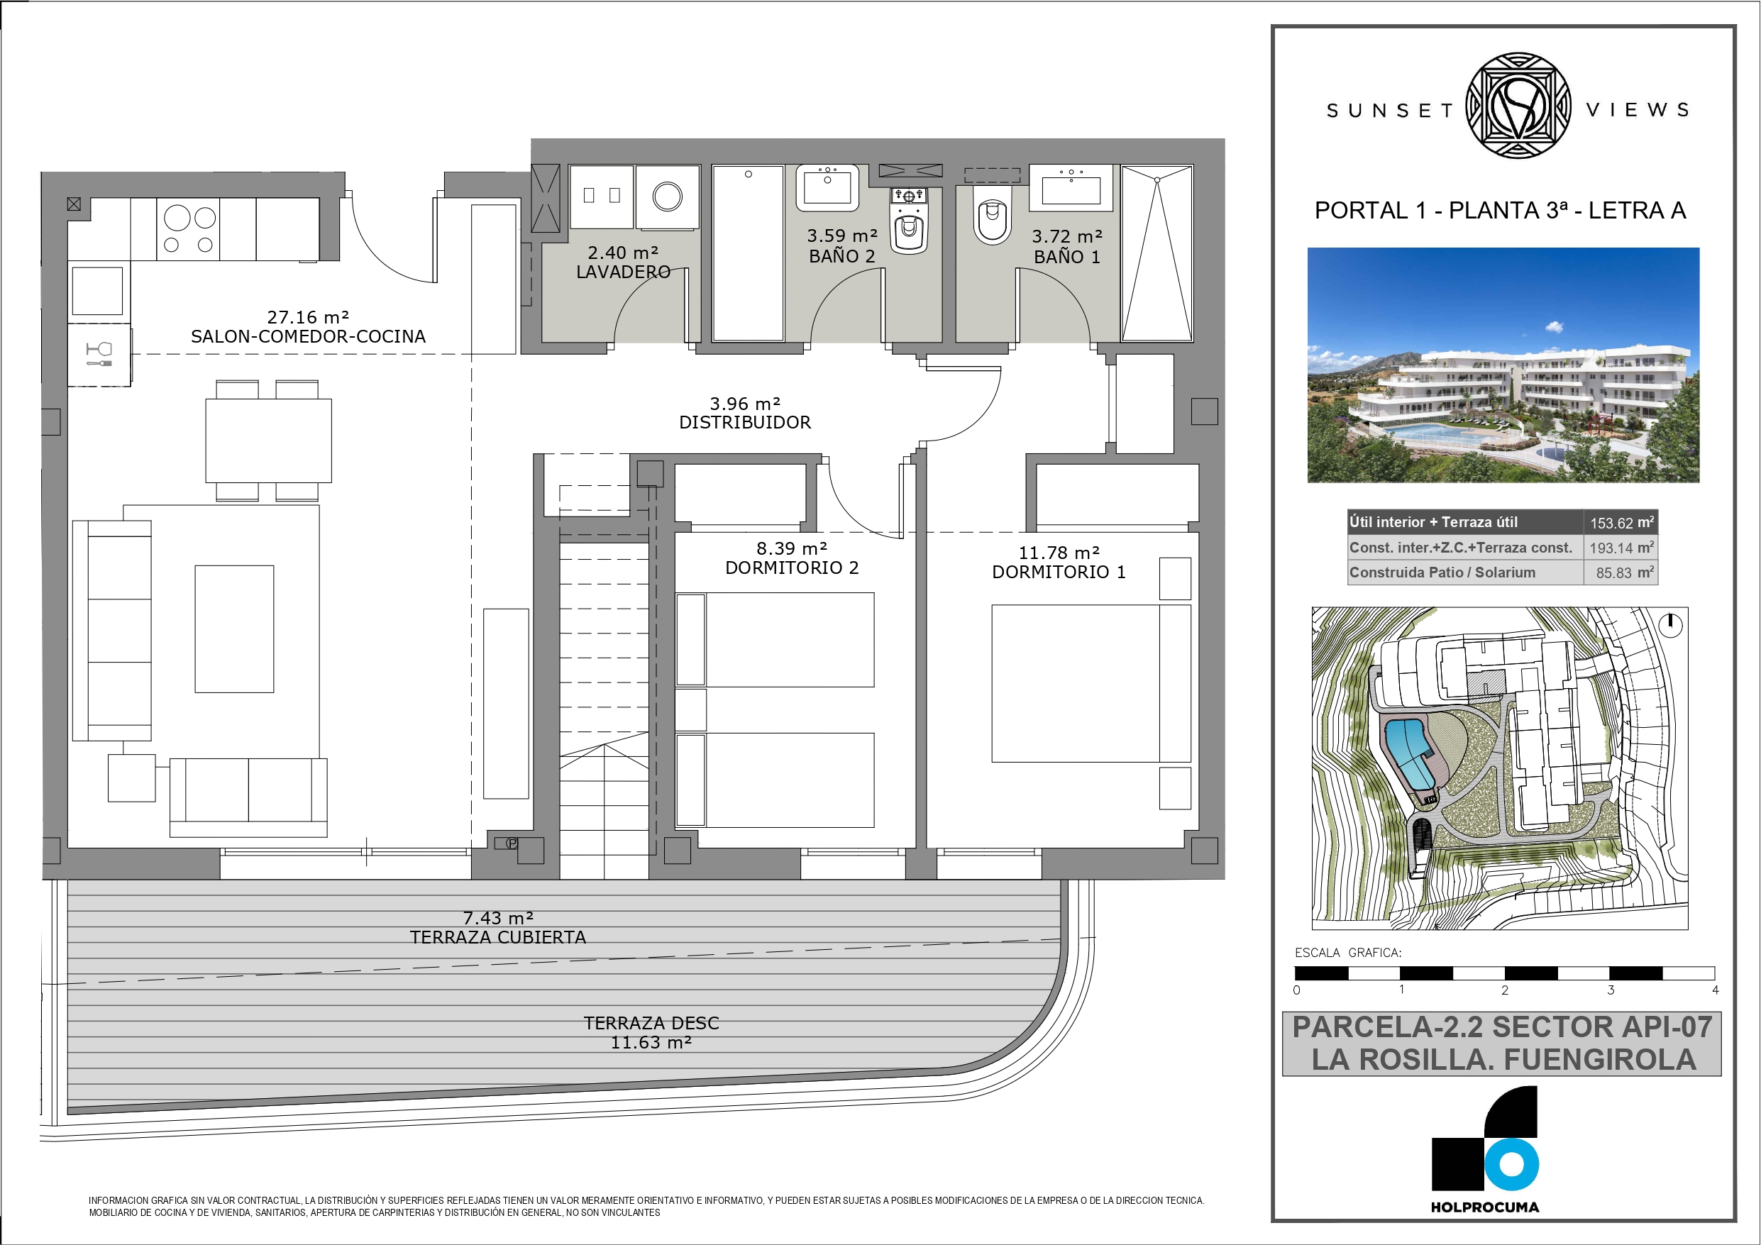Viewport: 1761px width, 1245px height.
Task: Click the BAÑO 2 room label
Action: pos(841,256)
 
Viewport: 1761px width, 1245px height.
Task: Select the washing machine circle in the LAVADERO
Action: pos(667,197)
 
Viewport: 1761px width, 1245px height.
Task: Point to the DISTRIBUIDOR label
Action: pos(745,423)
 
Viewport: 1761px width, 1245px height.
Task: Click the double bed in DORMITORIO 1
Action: pos(1091,682)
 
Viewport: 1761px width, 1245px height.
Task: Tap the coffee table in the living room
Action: pos(234,629)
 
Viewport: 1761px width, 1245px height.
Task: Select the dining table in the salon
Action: pos(268,441)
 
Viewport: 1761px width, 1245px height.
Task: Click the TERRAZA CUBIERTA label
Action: pos(498,937)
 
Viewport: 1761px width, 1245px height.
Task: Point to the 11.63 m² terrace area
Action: pos(651,1043)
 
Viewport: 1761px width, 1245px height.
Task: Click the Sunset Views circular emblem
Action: pos(1518,106)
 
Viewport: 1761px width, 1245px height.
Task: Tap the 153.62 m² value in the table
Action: pos(1621,522)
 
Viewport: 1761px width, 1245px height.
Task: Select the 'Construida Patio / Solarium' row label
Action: pos(1442,572)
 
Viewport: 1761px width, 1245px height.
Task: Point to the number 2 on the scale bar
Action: pos(1505,990)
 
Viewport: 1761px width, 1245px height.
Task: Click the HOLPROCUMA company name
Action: pos(1485,1207)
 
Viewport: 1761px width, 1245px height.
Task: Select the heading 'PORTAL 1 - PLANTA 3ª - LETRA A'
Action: pos(1500,210)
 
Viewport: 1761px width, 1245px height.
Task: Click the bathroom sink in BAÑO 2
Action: pos(827,187)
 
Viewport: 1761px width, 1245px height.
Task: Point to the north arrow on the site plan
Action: pos(1670,625)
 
